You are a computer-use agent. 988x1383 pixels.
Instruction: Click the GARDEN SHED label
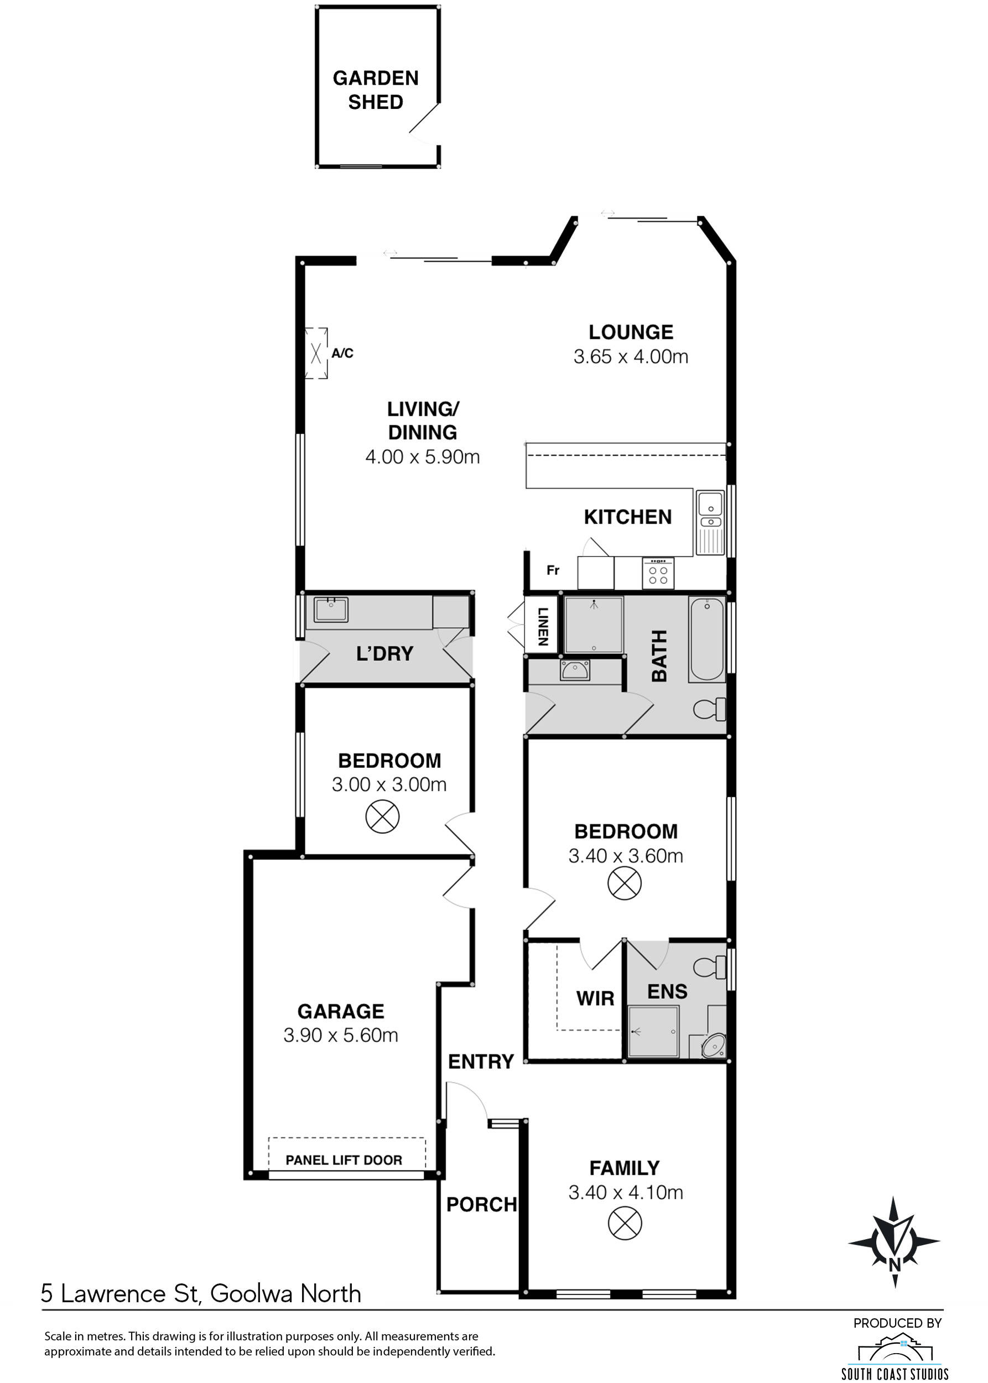pyautogui.click(x=376, y=90)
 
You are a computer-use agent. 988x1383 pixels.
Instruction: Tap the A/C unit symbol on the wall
pyautogui.click(x=316, y=353)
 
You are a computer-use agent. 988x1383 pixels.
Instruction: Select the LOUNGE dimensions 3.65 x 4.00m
pyautogui.click(x=631, y=357)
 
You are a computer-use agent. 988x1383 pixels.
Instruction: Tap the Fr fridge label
pyautogui.click(x=553, y=570)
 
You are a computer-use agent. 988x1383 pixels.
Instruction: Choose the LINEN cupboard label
pyautogui.click(x=543, y=626)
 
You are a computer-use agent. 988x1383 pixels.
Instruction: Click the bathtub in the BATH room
pyautogui.click(x=707, y=639)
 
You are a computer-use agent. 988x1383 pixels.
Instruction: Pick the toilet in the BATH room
pyautogui.click(x=710, y=708)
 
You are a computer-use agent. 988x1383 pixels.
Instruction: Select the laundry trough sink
pyautogui.click(x=331, y=609)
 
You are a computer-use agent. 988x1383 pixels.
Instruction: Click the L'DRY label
pyautogui.click(x=384, y=653)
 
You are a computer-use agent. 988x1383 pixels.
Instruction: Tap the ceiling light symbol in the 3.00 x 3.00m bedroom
pyautogui.click(x=382, y=816)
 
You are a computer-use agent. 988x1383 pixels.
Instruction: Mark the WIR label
pyautogui.click(x=595, y=999)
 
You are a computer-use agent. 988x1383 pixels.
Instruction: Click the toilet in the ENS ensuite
pyautogui.click(x=710, y=967)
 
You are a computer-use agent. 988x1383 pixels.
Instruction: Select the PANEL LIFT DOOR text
pyautogui.click(x=344, y=1160)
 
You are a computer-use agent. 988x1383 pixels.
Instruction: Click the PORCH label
pyautogui.click(x=481, y=1204)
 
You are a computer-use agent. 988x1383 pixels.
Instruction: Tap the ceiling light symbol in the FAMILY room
pyautogui.click(x=625, y=1224)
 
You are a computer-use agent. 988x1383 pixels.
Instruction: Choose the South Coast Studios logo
pyautogui.click(x=895, y=1356)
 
